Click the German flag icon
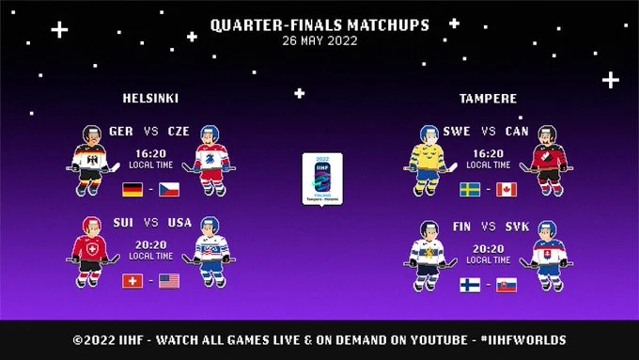(132, 189)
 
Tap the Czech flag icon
(169, 189)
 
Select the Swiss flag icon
(132, 280)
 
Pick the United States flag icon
(169, 280)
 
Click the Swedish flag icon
(470, 189)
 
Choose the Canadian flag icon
(507, 189)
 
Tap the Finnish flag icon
(470, 285)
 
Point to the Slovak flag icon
(507, 285)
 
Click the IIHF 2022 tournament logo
(321, 179)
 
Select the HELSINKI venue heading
(150, 98)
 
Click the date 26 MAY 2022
(319, 40)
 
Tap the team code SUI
(121, 223)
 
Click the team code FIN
(460, 227)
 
